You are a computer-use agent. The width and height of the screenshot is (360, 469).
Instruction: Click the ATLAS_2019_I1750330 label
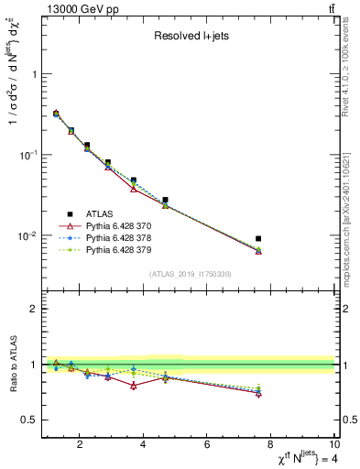click(x=190, y=274)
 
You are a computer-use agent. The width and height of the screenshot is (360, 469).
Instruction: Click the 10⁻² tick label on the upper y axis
click(x=27, y=235)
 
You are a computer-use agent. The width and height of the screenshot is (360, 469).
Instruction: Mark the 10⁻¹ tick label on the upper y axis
click(x=27, y=155)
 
